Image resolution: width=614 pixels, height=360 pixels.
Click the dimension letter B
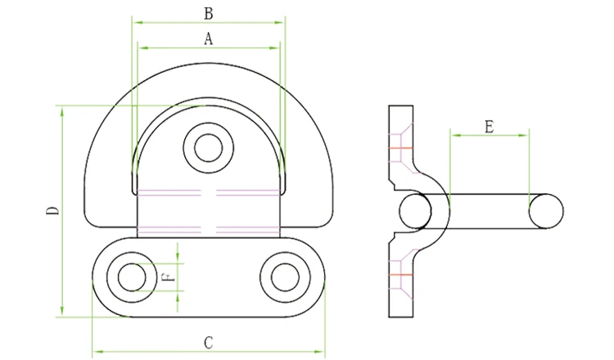pos(208,14)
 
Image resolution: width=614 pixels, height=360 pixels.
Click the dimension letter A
pos(208,38)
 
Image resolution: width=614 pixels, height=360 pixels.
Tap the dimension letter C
pos(208,343)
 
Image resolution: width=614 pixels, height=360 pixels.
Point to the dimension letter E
pos(489,127)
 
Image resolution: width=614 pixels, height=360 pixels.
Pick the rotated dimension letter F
pos(169,277)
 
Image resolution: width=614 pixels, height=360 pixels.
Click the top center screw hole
pos(208,148)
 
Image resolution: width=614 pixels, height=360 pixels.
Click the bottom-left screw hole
pos(132,277)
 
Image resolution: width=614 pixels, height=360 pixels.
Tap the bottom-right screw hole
pos(285,277)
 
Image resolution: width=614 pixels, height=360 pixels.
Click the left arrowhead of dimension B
pos(138,22)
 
